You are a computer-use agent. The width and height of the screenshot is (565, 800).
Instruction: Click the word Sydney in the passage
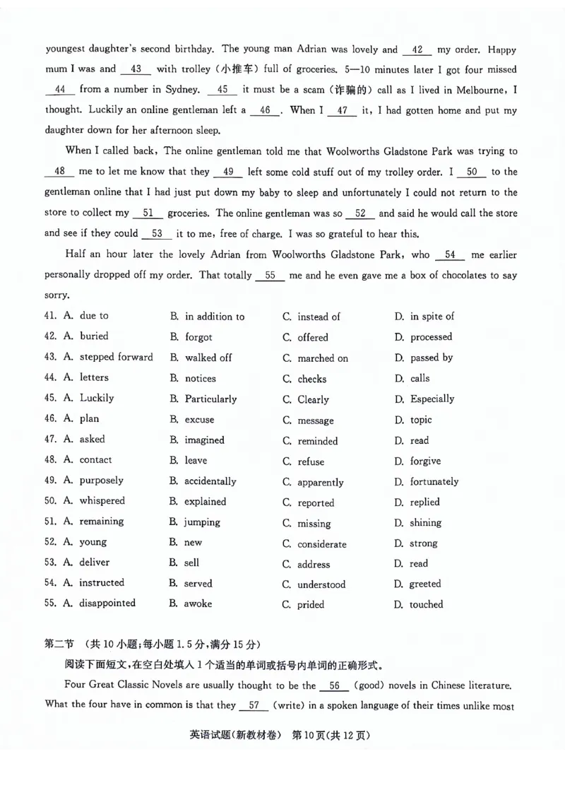tap(184, 90)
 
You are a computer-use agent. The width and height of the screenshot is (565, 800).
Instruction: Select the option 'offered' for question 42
tap(312, 337)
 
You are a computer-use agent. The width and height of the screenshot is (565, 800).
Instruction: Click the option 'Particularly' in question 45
tap(210, 399)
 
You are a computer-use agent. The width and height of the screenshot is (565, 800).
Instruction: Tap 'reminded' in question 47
tap(317, 441)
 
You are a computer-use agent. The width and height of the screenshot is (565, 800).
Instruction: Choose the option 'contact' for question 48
tap(95, 459)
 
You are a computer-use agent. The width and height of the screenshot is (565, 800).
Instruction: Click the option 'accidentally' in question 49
tap(210, 481)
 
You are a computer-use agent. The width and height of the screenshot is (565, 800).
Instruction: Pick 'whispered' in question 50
tap(102, 500)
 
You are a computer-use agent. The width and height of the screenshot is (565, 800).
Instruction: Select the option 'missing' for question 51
tap(314, 524)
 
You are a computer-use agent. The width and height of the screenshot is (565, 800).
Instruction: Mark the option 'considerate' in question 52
tap(321, 544)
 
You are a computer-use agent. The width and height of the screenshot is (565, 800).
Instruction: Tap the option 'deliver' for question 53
tap(95, 563)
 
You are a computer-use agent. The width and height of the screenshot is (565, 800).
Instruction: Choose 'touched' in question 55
tap(427, 604)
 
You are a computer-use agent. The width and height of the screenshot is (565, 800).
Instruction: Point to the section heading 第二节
tap(59, 644)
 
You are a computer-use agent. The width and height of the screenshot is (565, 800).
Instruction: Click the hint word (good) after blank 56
tap(371, 686)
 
